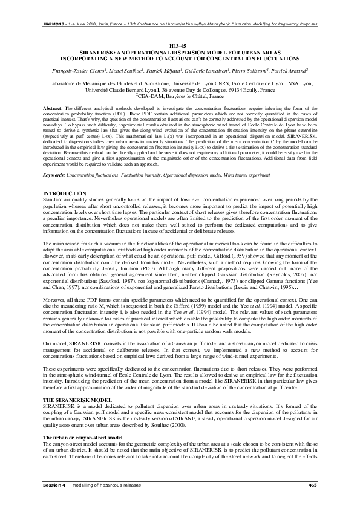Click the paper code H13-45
tap(180, 46)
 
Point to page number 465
tap(312, 485)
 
